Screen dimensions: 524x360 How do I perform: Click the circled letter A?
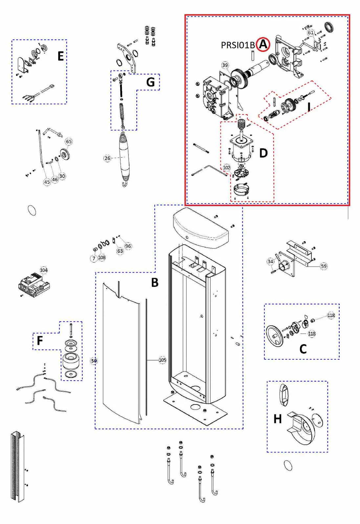coord(263,45)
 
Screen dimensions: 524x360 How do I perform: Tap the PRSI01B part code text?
coord(238,45)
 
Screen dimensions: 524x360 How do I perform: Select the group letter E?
coord(60,56)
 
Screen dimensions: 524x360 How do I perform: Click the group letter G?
coord(150,82)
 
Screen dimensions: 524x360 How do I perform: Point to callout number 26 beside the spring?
coord(107,158)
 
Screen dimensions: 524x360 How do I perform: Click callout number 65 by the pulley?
coord(69,142)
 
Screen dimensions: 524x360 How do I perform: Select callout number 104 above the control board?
coord(44,270)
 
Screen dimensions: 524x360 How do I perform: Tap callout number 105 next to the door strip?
coord(163,360)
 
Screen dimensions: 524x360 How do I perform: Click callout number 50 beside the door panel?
coord(94,361)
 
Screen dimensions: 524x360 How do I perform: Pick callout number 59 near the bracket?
coord(324,266)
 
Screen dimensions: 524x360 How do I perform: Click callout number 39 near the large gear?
coord(225,65)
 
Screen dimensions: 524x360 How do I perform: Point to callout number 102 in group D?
coord(227,168)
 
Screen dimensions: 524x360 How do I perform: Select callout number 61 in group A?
coord(311,33)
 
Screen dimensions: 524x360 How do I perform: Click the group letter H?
coord(278,419)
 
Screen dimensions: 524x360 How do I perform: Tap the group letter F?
coord(40,340)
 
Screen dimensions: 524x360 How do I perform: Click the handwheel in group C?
coord(274,336)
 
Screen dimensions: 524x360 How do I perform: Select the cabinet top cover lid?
coord(200,227)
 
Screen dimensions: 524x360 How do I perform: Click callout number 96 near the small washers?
coord(128,246)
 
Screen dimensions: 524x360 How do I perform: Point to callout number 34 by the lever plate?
coord(270,261)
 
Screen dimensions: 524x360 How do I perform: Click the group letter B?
coord(155,282)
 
